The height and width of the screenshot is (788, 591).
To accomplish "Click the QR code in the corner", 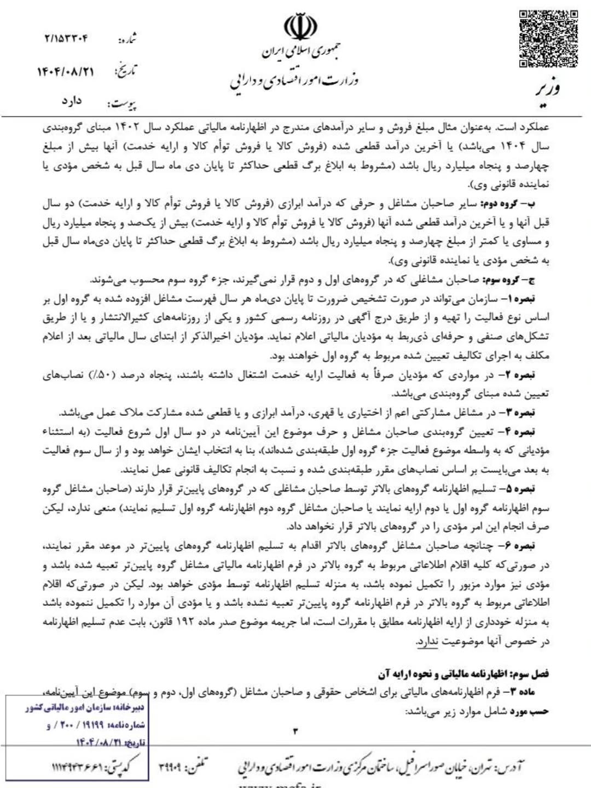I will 548,38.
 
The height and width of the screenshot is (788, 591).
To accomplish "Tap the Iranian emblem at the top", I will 299,27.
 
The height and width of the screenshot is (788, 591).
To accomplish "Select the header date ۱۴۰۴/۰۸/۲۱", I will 66,72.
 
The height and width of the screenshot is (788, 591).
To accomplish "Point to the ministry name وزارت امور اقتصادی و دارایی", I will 294,81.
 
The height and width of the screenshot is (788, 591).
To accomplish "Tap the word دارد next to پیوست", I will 71,101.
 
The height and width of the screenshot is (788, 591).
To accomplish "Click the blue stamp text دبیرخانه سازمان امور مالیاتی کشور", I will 85,708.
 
